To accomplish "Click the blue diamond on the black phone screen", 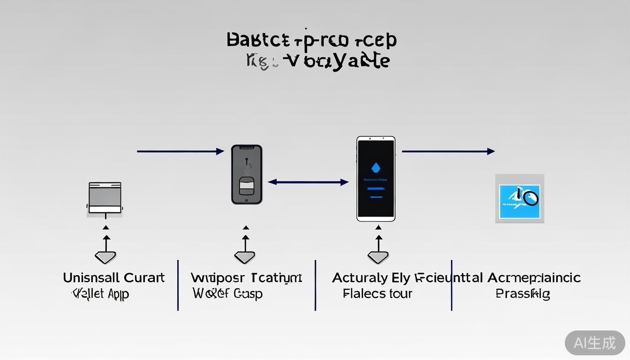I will coord(375,167).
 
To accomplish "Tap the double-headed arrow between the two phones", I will coord(308,182).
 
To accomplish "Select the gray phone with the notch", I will coord(247,174).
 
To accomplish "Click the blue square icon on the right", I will coord(519,199).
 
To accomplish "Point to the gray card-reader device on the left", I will coord(105,197).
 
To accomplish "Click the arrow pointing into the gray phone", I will coord(180,151).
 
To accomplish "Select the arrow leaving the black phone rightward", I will coord(448,151).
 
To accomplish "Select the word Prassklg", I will coord(523,294).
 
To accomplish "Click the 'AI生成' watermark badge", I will coord(594,343).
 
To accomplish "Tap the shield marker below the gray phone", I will coord(245,256).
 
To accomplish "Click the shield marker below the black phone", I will coord(378,257).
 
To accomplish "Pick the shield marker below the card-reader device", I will coord(105,256).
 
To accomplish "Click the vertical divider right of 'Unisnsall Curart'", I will coord(178,285).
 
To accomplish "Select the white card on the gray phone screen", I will coord(247,186).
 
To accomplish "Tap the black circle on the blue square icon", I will coord(530,198).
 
